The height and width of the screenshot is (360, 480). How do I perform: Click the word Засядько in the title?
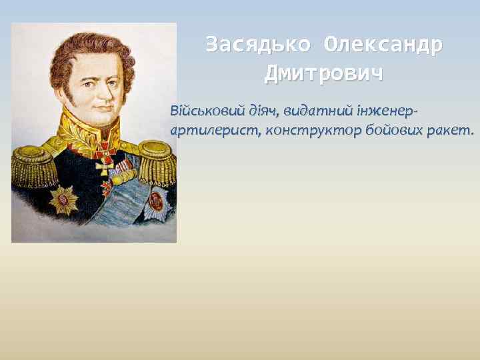point(258,45)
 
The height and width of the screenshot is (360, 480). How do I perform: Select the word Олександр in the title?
point(383,45)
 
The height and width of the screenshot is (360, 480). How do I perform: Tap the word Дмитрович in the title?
point(324,73)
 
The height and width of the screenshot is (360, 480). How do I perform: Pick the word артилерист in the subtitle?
point(214,130)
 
